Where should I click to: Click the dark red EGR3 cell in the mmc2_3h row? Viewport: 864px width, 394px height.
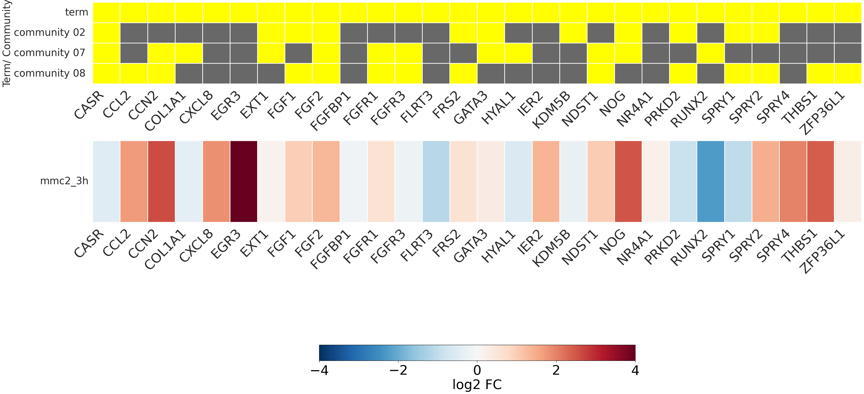pos(244,181)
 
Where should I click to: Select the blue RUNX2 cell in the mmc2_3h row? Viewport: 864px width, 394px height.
pos(710,181)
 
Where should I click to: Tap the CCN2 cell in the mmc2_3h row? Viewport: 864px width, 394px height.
pos(161,181)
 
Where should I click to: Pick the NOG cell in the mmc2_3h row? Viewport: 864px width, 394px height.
pos(628,181)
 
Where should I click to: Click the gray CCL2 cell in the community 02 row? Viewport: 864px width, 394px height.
pos(134,33)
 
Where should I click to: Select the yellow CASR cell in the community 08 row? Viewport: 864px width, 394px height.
pos(106,74)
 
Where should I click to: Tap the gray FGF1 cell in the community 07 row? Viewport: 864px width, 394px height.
pos(298,53)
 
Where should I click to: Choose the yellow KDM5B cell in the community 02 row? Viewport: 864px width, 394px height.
pos(573,33)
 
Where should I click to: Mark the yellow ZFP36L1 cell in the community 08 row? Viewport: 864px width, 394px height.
pos(848,74)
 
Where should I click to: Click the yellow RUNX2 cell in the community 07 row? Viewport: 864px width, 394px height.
pos(710,53)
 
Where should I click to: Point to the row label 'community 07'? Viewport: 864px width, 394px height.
pos(50,53)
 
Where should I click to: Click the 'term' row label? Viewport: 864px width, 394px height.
pos(77,12)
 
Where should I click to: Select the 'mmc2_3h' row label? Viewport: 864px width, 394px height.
pos(64,181)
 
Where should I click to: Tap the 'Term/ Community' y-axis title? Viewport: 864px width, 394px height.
pos(7,44)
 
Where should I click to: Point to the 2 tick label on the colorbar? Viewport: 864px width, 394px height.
pos(556,371)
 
